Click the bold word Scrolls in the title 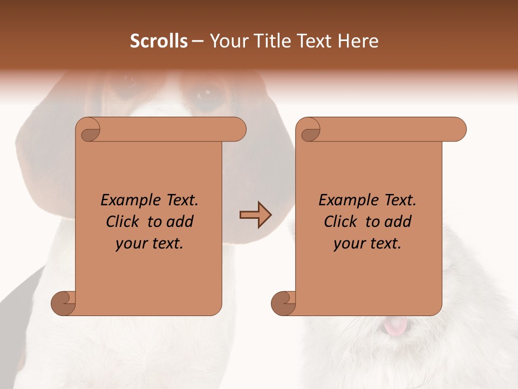point(159,41)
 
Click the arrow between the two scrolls point(255,214)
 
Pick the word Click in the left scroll point(124,222)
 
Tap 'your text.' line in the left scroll point(149,243)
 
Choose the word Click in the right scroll point(342,222)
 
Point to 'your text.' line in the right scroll point(367,243)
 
